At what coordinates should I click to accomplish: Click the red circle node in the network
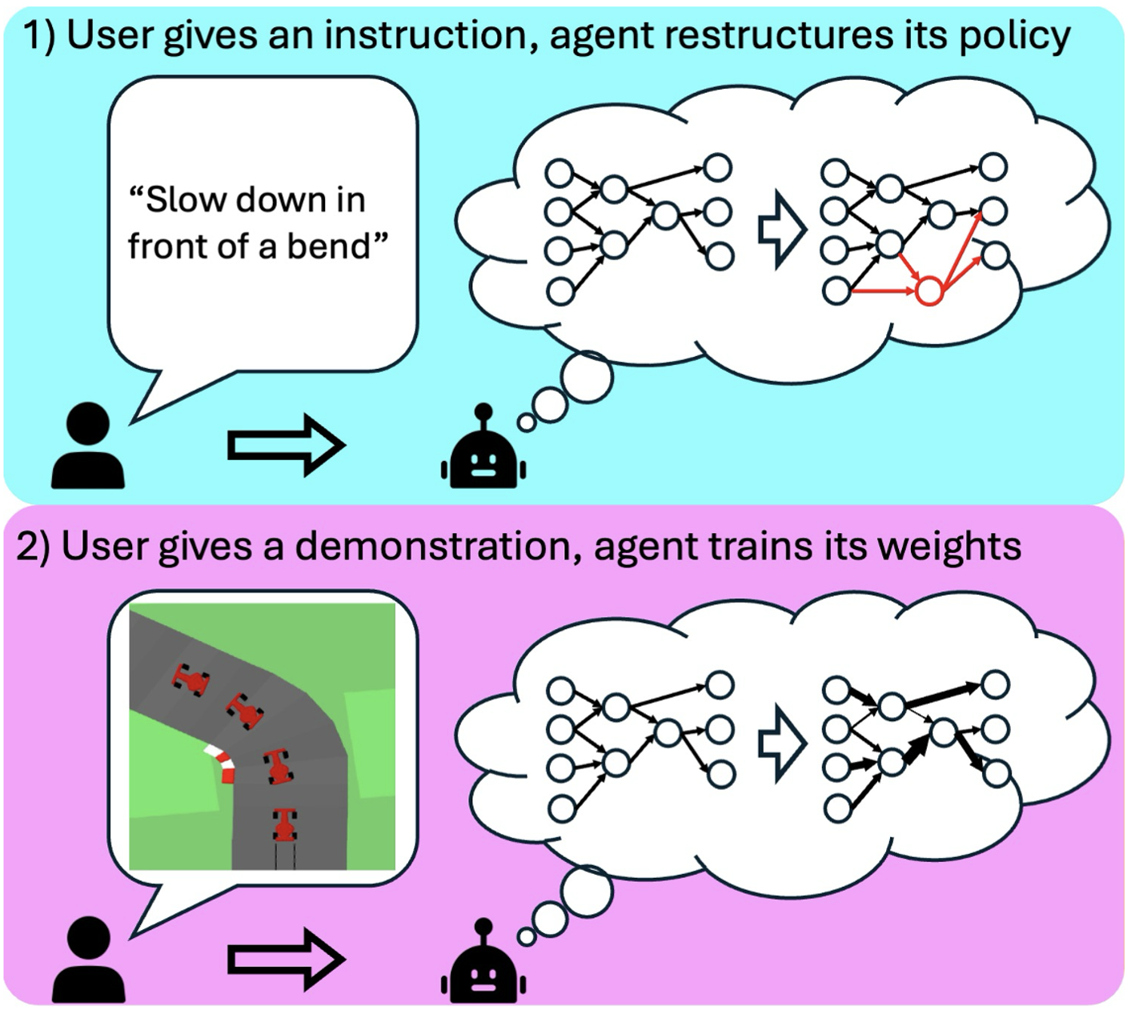(x=928, y=291)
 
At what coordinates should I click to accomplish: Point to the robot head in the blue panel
(x=483, y=460)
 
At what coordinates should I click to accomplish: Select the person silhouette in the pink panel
(x=88, y=960)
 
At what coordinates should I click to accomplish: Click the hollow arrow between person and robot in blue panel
(x=286, y=445)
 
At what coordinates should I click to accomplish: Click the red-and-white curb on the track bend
(x=222, y=763)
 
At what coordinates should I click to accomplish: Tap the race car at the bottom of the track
(x=284, y=825)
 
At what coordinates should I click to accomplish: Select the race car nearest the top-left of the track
(x=191, y=679)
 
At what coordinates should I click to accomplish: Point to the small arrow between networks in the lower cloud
(x=780, y=745)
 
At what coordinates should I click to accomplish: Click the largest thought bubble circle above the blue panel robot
(x=587, y=375)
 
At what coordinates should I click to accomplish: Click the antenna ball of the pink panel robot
(x=483, y=927)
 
